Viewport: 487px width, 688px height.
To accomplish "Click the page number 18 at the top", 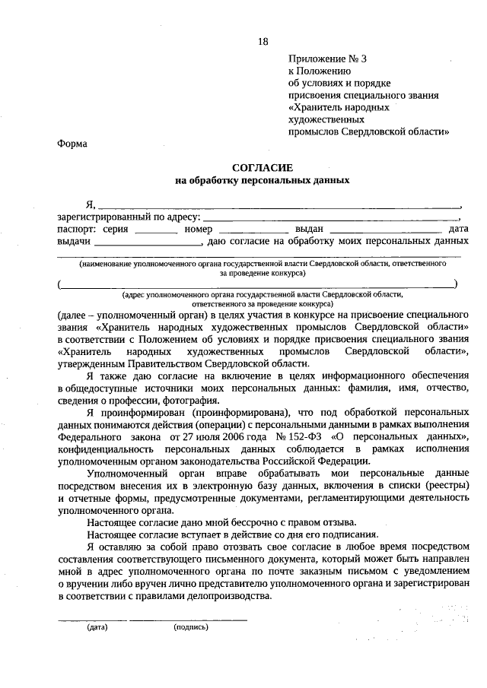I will [263, 41].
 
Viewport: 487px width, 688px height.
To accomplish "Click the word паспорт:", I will [77, 229].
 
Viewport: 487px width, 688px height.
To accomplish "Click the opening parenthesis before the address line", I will [59, 284].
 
